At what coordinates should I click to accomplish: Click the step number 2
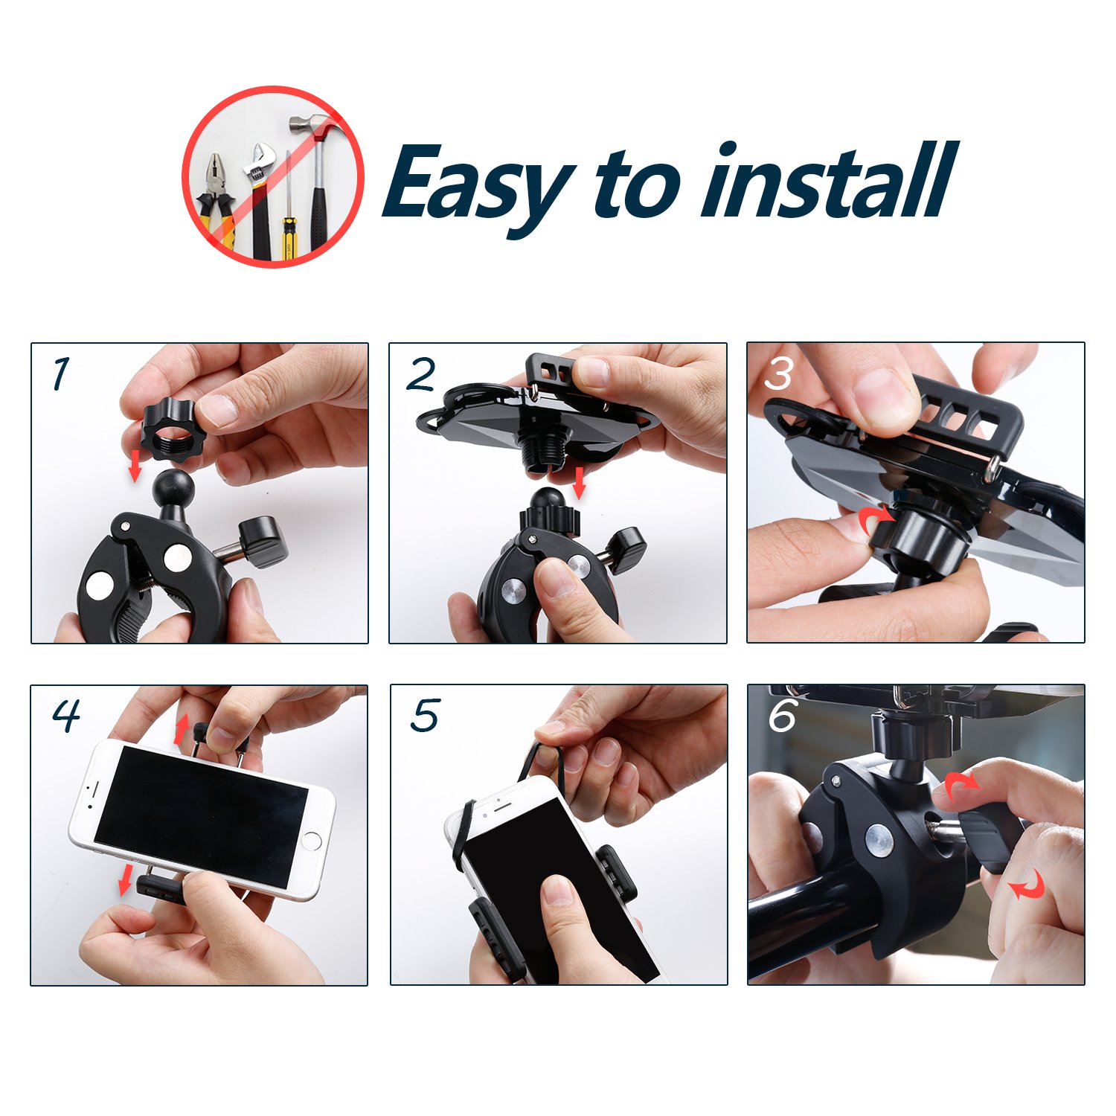pos(421,374)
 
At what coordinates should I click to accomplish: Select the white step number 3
pos(778,374)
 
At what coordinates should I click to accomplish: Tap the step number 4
pos(66,716)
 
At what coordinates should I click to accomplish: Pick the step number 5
pos(426,716)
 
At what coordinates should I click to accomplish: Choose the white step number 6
pos(783,716)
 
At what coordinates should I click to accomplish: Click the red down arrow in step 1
pos(135,465)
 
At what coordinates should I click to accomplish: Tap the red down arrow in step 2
pos(580,484)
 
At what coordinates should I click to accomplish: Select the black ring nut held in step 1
pos(168,430)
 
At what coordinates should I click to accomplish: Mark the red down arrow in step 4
pos(126,880)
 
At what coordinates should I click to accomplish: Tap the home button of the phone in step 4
pos(312,841)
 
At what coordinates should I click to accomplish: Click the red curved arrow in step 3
pos(876,519)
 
